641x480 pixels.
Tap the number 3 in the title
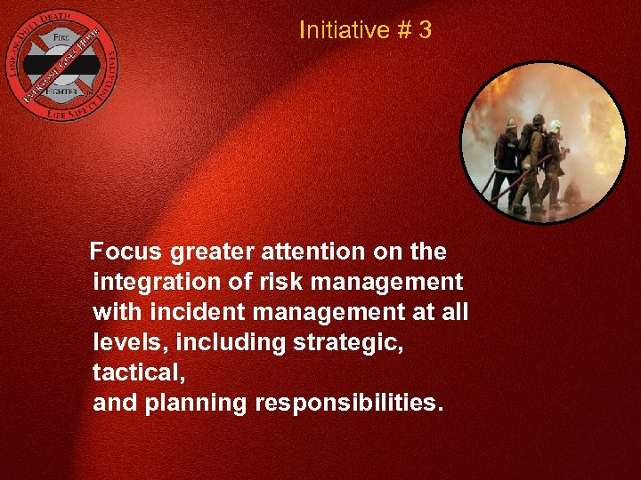[425, 30]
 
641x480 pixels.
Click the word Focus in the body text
[126, 252]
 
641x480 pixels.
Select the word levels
[123, 343]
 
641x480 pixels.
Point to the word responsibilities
[348, 404]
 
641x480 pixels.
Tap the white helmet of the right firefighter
[556, 125]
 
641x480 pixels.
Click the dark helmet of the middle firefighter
[538, 119]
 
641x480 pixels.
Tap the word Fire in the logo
[61, 38]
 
